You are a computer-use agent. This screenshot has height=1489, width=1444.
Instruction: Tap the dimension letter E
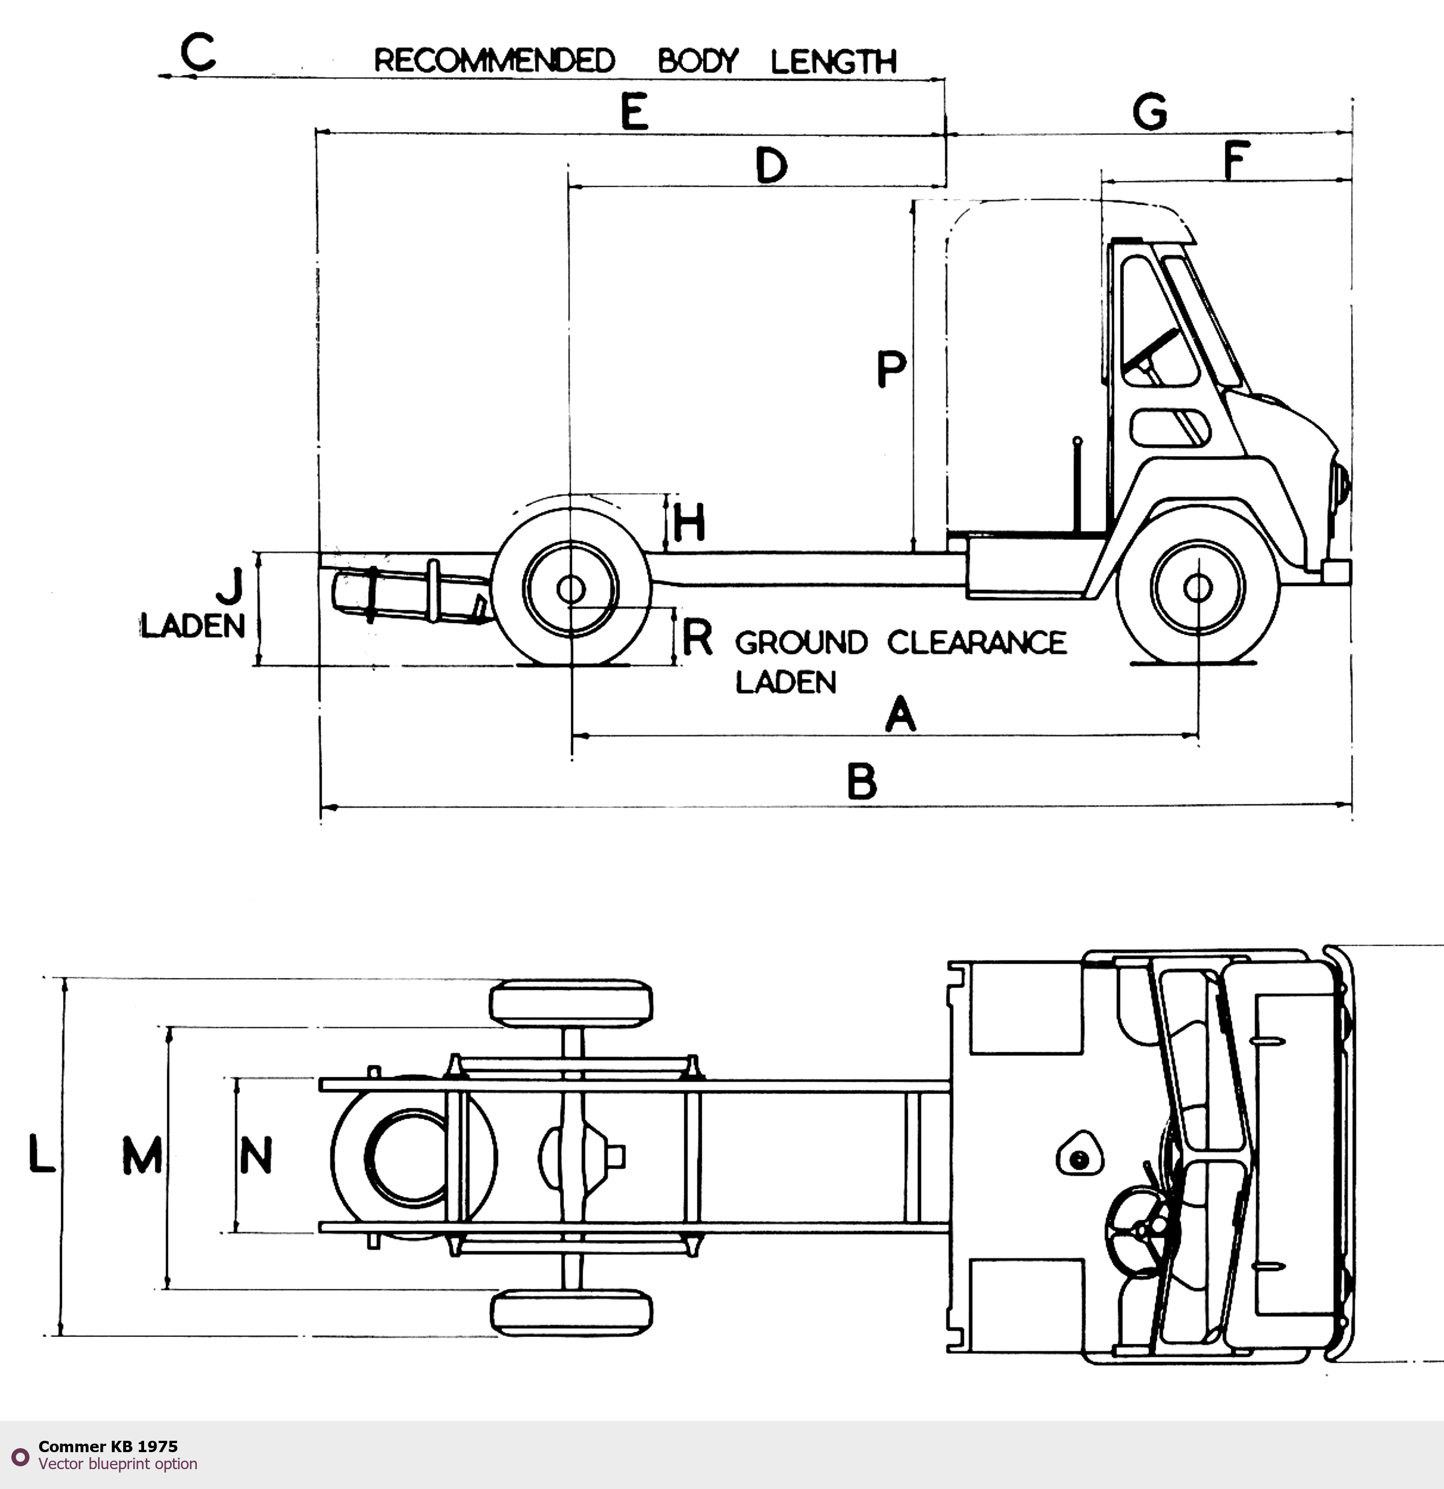point(634,112)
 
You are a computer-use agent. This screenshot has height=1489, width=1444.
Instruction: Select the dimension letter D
point(772,166)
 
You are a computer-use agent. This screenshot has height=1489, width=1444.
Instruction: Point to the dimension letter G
point(1150,112)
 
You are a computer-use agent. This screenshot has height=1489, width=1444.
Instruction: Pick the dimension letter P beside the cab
point(891,369)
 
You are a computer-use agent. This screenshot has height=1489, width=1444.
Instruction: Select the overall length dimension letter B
point(862,782)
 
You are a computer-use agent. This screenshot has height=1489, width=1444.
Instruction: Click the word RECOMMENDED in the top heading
point(494,61)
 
